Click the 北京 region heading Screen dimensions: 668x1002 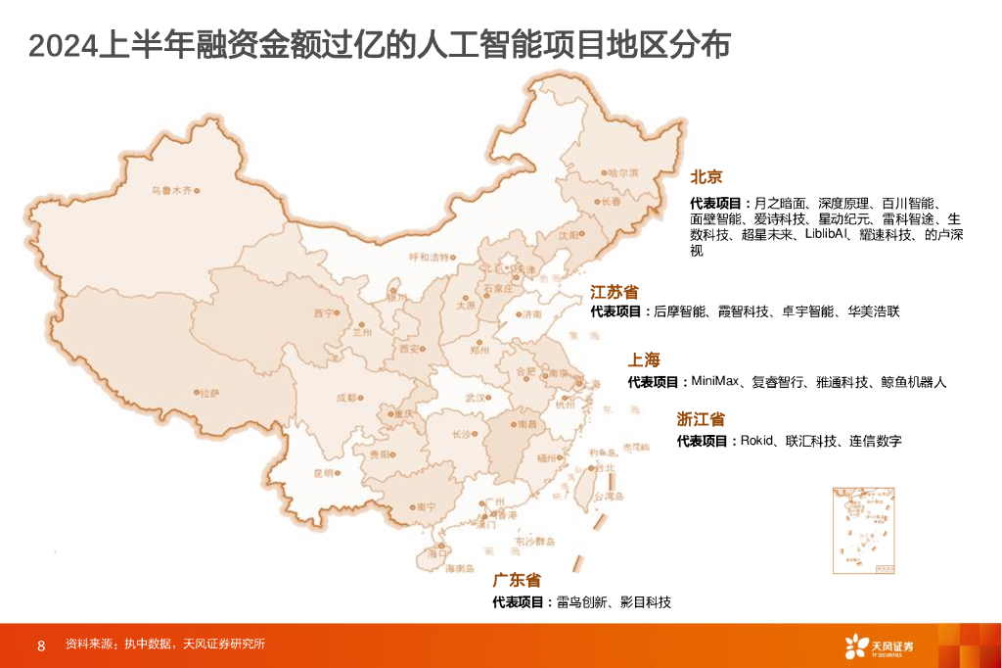click(x=706, y=177)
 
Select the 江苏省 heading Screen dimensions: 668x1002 click(x=614, y=292)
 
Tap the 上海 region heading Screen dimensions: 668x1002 click(x=644, y=360)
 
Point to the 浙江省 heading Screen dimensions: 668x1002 click(x=701, y=419)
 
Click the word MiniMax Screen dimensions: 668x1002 click(x=718, y=381)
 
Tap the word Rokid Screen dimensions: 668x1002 click(x=759, y=441)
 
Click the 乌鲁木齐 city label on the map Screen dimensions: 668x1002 click(x=171, y=191)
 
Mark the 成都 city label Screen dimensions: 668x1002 click(x=346, y=398)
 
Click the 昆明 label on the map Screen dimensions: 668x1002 click(x=323, y=473)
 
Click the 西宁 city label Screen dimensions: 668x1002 click(x=324, y=312)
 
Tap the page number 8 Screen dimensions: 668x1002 click(x=40, y=644)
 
